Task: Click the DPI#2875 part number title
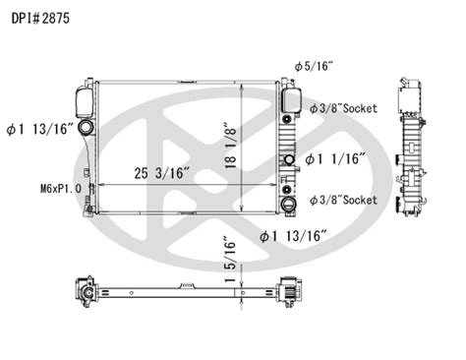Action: (40, 19)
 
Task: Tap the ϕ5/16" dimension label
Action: (314, 67)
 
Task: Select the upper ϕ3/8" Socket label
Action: (343, 108)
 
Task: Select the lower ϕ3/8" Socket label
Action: (343, 200)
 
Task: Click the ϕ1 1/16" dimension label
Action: (335, 159)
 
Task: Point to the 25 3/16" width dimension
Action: (162, 173)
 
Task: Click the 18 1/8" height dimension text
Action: (231, 146)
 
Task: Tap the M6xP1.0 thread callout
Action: (61, 189)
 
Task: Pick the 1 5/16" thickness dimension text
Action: (230, 260)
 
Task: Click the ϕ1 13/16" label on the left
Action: (39, 129)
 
